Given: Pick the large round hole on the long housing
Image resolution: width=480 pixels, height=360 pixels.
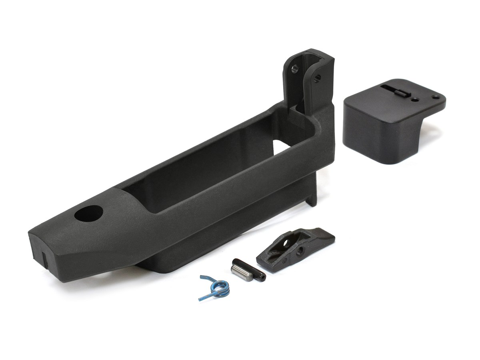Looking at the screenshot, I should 88,214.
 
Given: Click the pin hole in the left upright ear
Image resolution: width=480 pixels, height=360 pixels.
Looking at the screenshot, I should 294,68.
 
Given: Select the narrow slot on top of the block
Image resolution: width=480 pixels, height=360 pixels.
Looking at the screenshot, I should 394,89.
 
